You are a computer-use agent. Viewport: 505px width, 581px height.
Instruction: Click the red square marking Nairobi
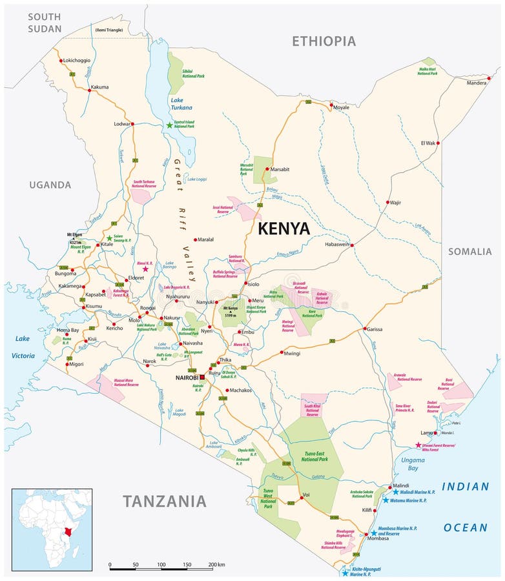click(201, 376)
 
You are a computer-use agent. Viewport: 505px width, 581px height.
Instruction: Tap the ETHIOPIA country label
click(324, 41)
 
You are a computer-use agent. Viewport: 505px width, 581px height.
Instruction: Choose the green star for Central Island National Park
click(170, 125)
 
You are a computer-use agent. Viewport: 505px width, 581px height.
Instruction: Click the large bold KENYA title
click(283, 229)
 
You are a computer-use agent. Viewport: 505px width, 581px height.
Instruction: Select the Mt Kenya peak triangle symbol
click(231, 312)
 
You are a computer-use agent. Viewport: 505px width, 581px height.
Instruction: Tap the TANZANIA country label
click(165, 500)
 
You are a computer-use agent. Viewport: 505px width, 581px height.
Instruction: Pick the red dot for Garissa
click(365, 329)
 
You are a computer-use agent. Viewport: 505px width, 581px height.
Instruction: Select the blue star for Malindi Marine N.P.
click(396, 492)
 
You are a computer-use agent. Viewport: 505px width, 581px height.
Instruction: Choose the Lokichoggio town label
click(77, 60)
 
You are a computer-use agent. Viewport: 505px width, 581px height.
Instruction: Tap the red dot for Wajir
click(388, 202)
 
